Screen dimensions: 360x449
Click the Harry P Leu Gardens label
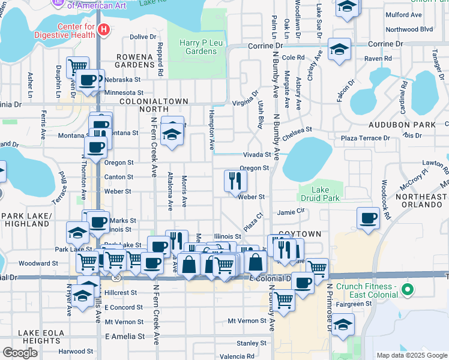[x=197, y=47]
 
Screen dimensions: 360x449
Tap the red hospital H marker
[x=104, y=29]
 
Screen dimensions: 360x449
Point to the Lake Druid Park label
[x=319, y=194]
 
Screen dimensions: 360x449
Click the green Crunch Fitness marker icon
[x=408, y=290]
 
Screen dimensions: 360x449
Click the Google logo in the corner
[x=20, y=353]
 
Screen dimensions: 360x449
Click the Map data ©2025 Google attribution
[x=411, y=355]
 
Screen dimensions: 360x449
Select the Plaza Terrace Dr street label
[x=365, y=138]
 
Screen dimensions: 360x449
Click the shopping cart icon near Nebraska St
[x=77, y=66]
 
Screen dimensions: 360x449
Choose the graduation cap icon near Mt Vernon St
[x=343, y=324]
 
